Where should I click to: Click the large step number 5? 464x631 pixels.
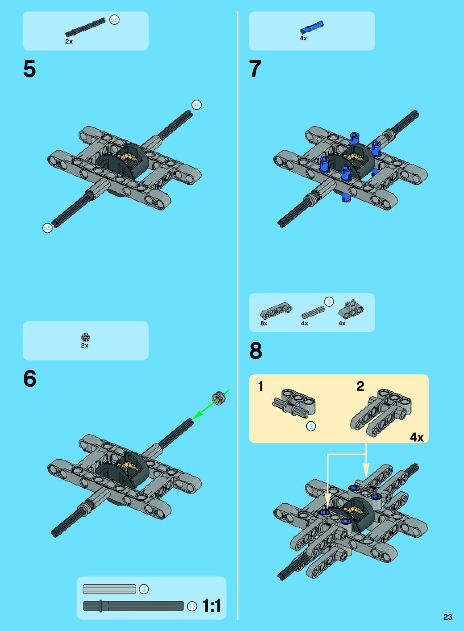[x=29, y=69]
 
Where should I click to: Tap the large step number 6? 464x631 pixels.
[x=29, y=379]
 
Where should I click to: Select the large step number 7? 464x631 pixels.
[x=255, y=69]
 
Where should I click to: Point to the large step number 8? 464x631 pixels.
[x=256, y=351]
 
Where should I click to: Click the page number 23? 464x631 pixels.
[x=447, y=617]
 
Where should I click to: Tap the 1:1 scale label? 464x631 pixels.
[x=212, y=606]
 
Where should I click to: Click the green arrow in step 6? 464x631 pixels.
[x=210, y=405]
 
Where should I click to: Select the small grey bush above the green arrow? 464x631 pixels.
[x=218, y=398]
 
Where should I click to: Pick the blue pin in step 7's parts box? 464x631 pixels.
[x=312, y=27]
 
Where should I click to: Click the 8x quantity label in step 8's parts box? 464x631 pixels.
[x=264, y=323]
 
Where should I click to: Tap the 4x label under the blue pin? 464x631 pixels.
[x=303, y=38]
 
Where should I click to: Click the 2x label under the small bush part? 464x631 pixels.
[x=85, y=346]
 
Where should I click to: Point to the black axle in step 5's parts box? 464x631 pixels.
[x=85, y=27]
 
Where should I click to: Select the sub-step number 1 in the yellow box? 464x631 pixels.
[x=260, y=386]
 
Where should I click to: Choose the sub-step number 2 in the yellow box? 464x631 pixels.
[x=360, y=386]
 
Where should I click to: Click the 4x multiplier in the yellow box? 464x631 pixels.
[x=417, y=437]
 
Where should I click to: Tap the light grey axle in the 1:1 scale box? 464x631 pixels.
[x=109, y=589]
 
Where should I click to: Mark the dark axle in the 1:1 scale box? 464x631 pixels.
[x=133, y=606]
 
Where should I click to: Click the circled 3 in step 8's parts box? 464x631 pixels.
[x=329, y=302]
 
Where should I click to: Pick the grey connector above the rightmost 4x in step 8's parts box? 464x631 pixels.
[x=351, y=309]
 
